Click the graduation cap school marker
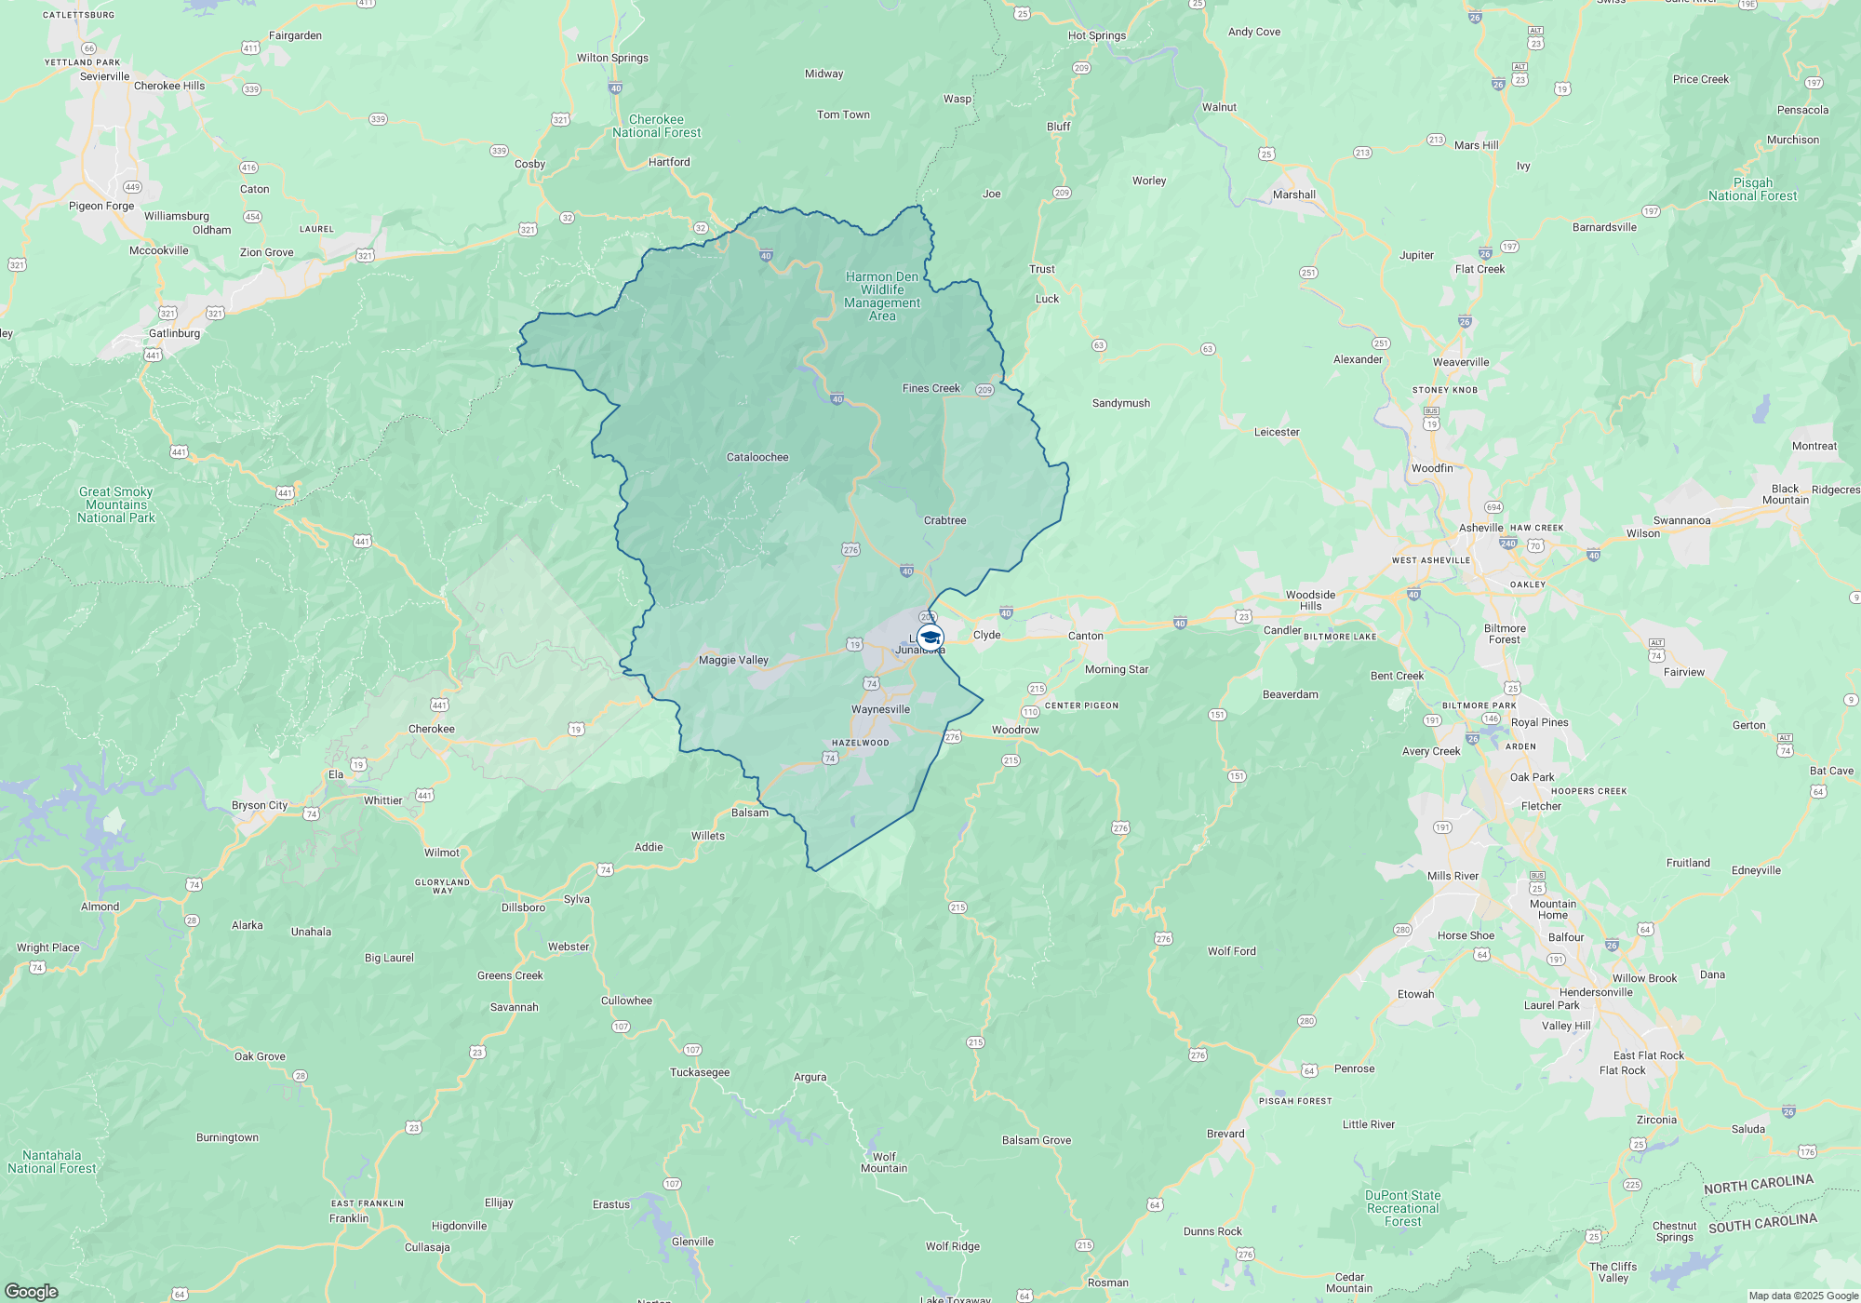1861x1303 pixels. pyautogui.click(x=930, y=638)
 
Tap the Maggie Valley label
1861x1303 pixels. pyautogui.click(x=733, y=660)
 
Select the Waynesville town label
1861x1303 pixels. pyautogui.click(x=880, y=709)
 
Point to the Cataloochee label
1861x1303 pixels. pyautogui.click(x=757, y=457)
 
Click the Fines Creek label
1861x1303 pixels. pyautogui.click(x=930, y=388)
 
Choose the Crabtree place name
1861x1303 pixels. pyautogui.click(x=944, y=520)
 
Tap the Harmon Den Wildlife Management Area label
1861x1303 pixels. pyautogui.click(x=882, y=296)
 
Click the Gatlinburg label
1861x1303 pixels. pyautogui.click(x=174, y=333)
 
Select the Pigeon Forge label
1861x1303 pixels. pyautogui.click(x=101, y=206)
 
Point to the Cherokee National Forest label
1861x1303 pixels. pyautogui.click(x=657, y=126)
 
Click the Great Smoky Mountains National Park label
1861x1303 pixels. pyautogui.click(x=116, y=504)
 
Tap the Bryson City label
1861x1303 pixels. pyautogui.click(x=260, y=805)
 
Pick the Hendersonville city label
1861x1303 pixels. pyautogui.click(x=1596, y=992)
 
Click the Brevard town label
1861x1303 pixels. pyautogui.click(x=1225, y=1134)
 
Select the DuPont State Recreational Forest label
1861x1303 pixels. pyautogui.click(x=1402, y=1208)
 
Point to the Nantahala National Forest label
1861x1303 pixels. pyautogui.click(x=52, y=1162)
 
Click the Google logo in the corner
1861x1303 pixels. pyautogui.click(x=31, y=1292)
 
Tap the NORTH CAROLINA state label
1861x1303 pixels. pyautogui.click(x=1758, y=1184)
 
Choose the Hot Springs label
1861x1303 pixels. pyautogui.click(x=1096, y=35)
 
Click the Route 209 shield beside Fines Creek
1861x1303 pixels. pyautogui.click(x=984, y=390)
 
